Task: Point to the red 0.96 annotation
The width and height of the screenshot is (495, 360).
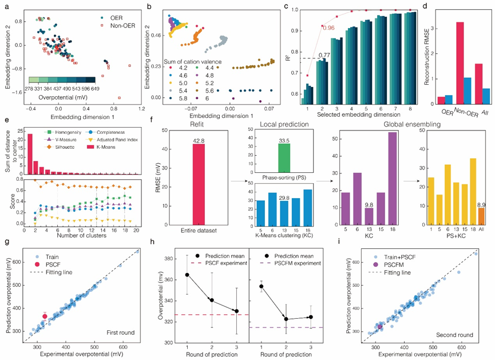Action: tap(328, 27)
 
